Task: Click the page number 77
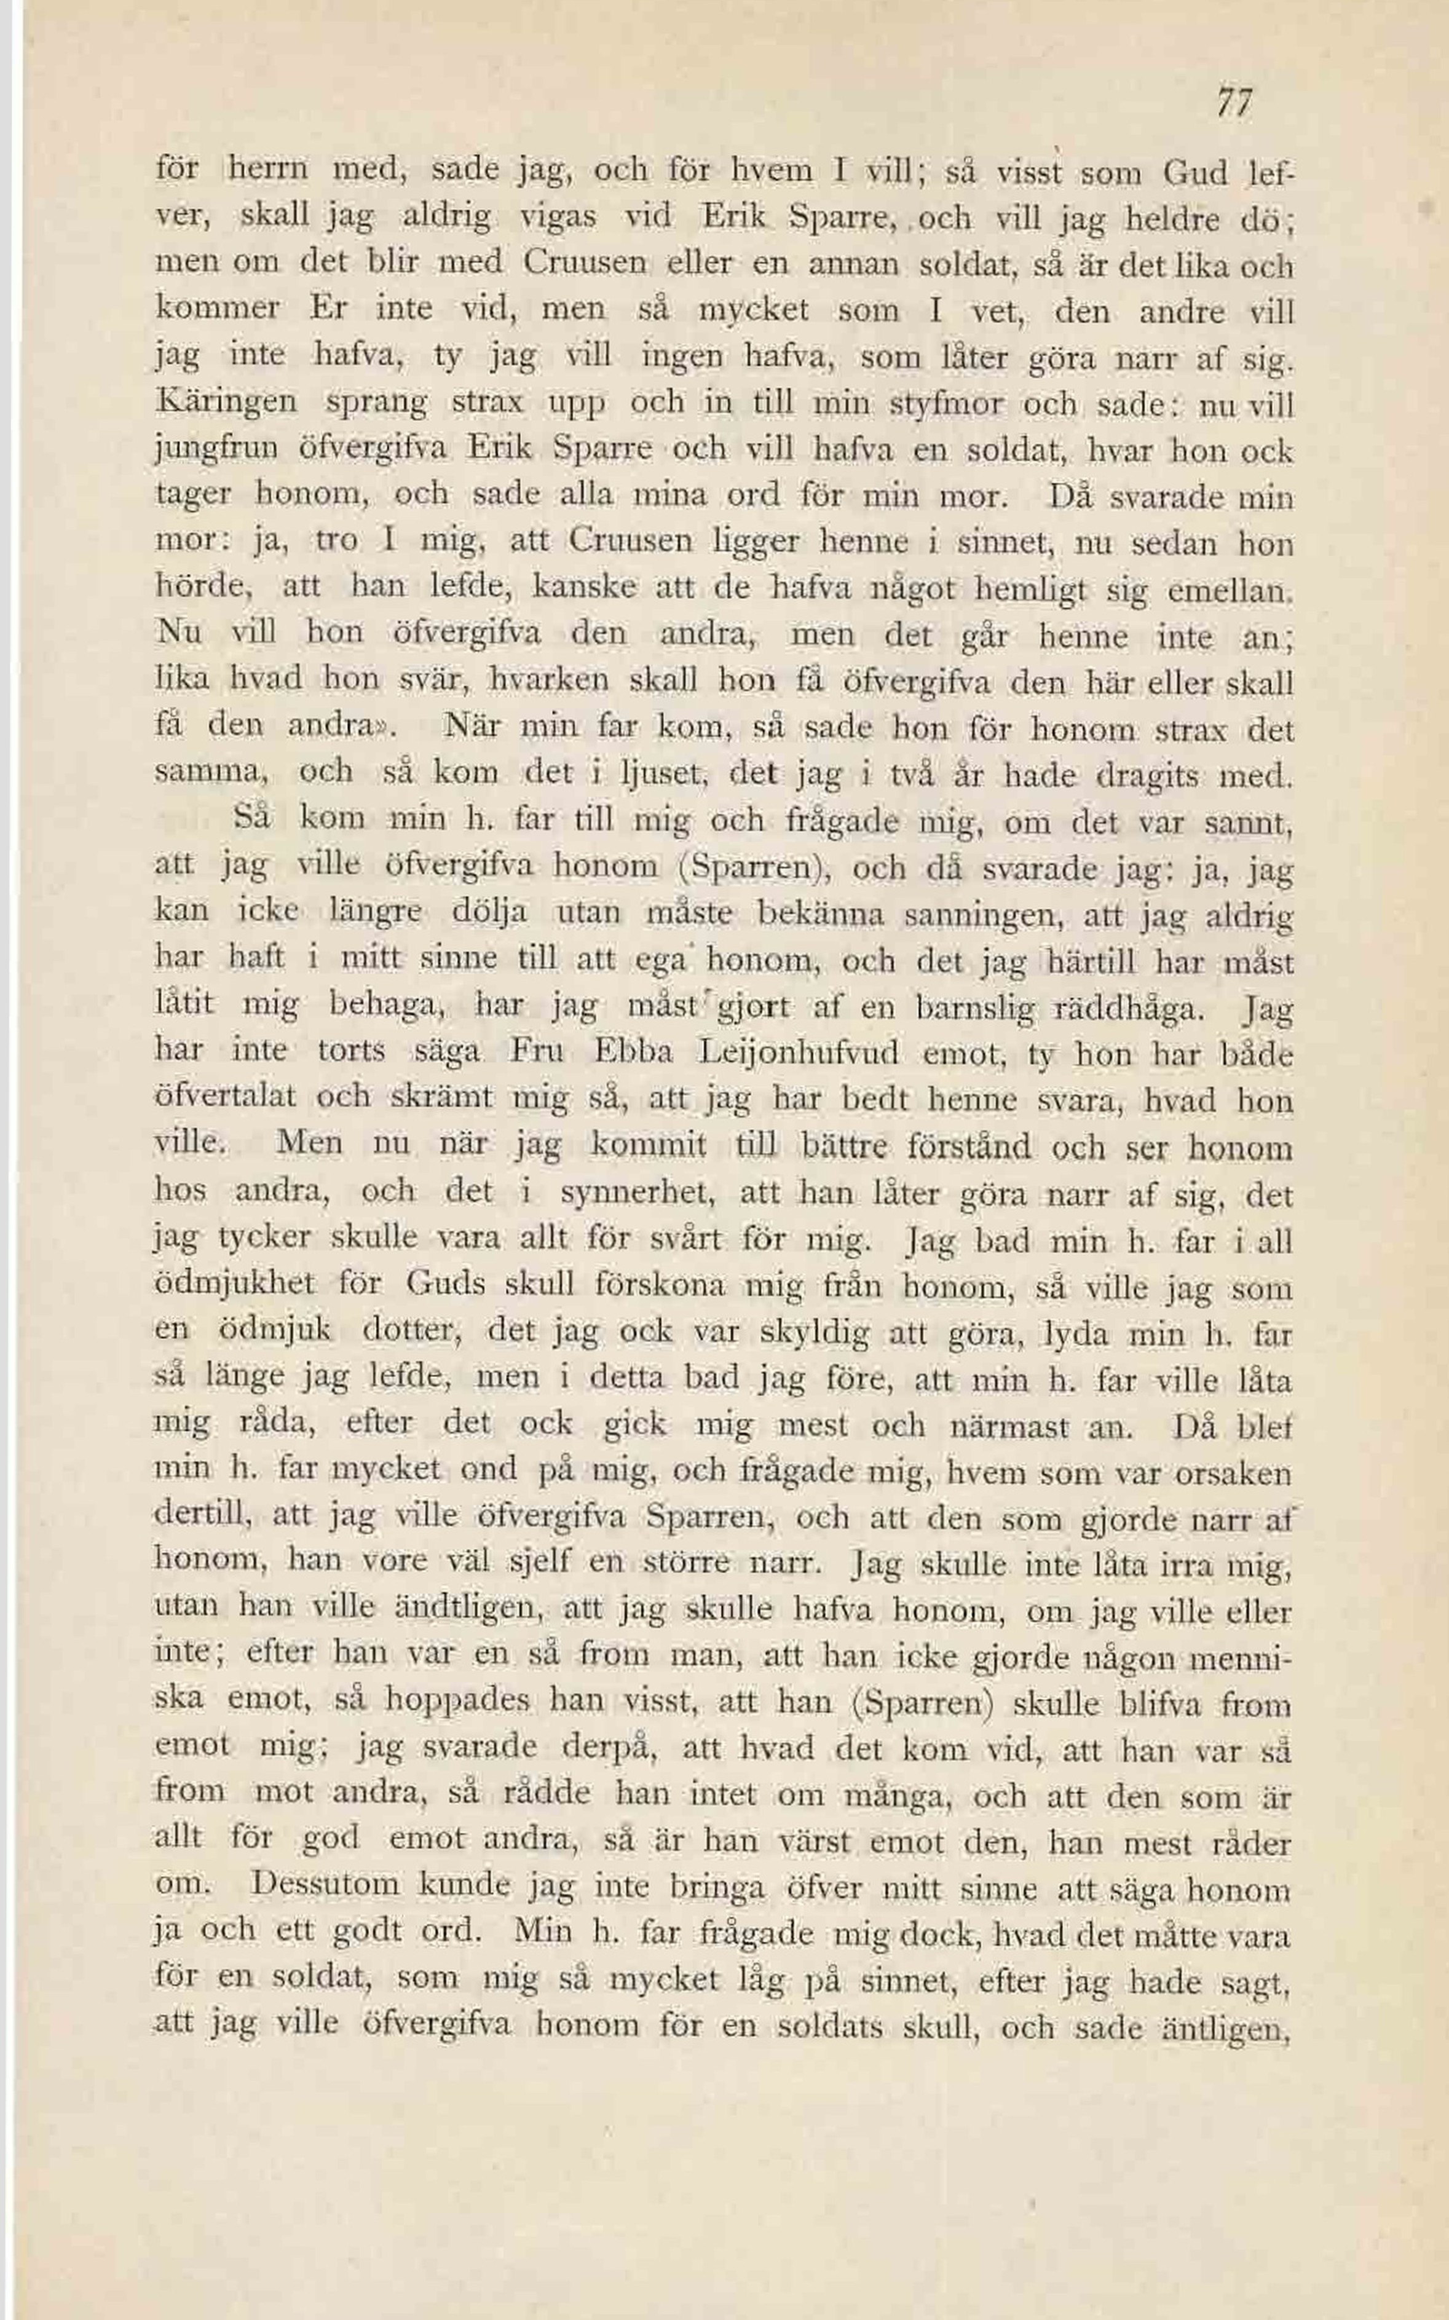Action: coord(1234,103)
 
